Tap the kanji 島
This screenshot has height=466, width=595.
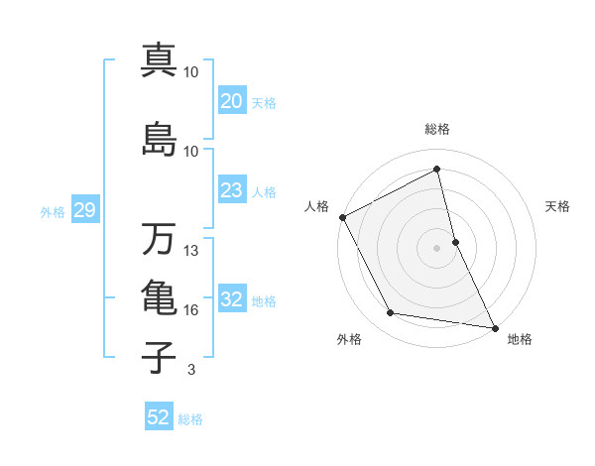(x=159, y=139)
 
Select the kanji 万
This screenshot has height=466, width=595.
(x=159, y=238)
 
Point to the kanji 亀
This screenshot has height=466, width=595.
(x=159, y=298)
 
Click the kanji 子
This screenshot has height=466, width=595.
(x=159, y=357)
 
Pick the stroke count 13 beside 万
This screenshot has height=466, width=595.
(x=192, y=251)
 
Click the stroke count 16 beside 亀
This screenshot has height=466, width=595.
(x=192, y=310)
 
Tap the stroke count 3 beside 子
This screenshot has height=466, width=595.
(x=190, y=370)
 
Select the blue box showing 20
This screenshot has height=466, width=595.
(x=231, y=101)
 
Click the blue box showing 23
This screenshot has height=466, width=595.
(x=231, y=190)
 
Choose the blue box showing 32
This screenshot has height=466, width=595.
(x=231, y=299)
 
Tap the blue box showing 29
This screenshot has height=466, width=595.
(x=84, y=210)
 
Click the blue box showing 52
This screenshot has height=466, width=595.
(x=159, y=417)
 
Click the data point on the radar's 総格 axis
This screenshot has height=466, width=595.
(x=436, y=171)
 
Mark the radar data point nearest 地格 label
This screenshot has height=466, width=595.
(x=494, y=326)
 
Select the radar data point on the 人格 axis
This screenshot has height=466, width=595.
(x=342, y=217)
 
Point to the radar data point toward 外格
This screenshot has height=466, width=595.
(x=390, y=314)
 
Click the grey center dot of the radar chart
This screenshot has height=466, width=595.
(x=436, y=248)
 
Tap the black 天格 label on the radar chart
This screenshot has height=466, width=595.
(x=558, y=206)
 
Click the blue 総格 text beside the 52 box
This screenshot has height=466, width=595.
(x=190, y=419)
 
